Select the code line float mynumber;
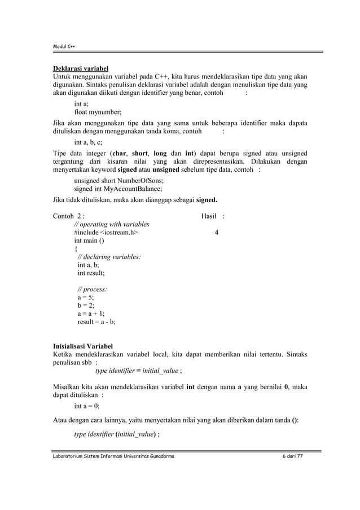[98, 112]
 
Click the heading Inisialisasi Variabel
[83, 346]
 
